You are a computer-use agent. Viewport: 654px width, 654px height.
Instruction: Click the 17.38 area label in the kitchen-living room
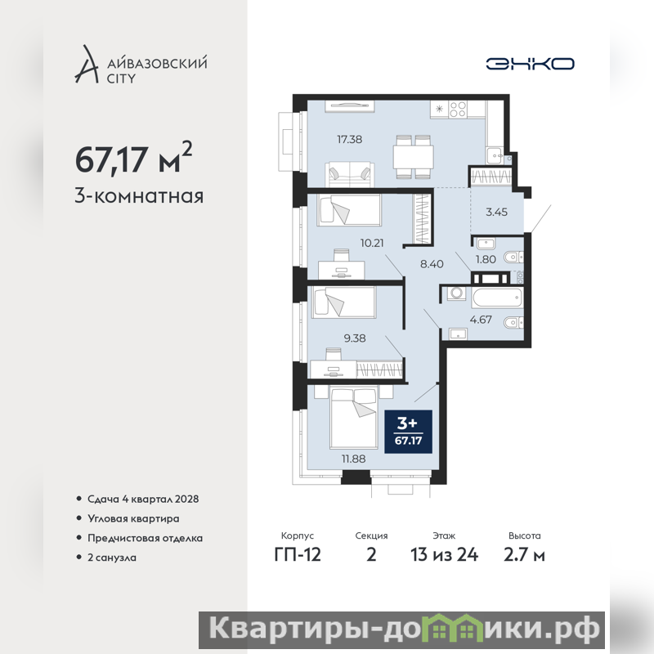(x=350, y=139)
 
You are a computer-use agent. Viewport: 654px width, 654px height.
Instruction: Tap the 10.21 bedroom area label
(x=372, y=243)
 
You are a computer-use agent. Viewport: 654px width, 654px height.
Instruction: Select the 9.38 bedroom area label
(x=355, y=338)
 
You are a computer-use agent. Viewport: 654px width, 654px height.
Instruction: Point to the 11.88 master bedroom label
(x=354, y=459)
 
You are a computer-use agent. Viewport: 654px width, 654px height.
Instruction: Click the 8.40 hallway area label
(x=432, y=264)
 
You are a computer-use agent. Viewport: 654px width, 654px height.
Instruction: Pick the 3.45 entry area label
(x=496, y=212)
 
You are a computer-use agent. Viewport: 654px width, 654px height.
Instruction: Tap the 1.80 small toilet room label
(x=486, y=259)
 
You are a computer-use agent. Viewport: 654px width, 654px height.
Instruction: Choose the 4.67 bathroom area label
(x=481, y=320)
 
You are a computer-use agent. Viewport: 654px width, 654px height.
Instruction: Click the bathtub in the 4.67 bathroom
(x=497, y=298)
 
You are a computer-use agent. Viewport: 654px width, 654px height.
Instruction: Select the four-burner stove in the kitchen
(x=458, y=110)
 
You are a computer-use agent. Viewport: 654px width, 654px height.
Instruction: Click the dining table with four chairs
(x=414, y=156)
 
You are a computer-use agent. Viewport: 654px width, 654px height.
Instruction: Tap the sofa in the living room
(x=350, y=174)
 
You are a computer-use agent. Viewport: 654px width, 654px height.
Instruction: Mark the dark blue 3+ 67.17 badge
(x=408, y=432)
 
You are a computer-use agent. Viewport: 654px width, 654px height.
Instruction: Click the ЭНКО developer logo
(x=530, y=64)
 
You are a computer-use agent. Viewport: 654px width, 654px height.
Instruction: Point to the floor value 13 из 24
(x=444, y=555)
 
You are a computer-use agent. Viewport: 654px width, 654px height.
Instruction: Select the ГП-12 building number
(x=298, y=555)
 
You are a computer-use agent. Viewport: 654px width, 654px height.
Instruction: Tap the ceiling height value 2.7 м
(x=524, y=555)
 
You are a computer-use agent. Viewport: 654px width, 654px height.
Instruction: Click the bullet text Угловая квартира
(x=133, y=519)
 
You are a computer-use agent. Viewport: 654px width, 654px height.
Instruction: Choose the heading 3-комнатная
(x=139, y=196)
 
